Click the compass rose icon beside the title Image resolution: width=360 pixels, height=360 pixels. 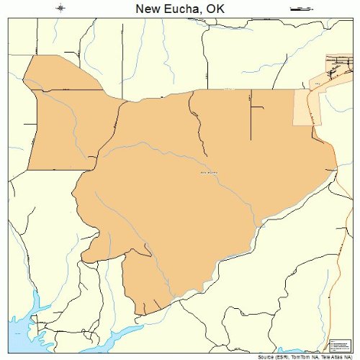(x=61, y=9)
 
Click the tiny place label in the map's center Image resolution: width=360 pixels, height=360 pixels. (x=207, y=172)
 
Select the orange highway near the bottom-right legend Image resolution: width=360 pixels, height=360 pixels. (x=338, y=288)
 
